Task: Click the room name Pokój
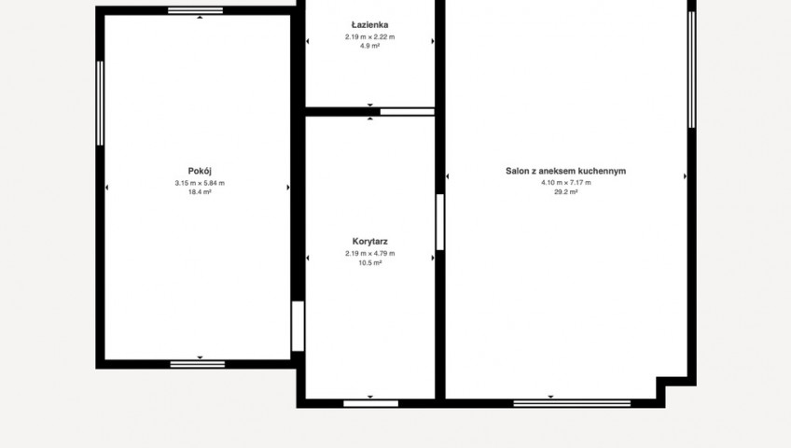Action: click(x=200, y=172)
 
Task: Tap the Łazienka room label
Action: click(x=369, y=24)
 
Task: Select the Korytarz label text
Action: click(x=369, y=242)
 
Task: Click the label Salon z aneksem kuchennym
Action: click(x=565, y=171)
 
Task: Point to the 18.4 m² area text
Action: click(x=200, y=191)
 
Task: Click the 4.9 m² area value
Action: click(x=369, y=46)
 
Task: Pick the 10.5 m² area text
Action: click(x=369, y=262)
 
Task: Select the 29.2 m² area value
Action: click(x=565, y=191)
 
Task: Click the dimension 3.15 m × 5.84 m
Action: click(x=200, y=183)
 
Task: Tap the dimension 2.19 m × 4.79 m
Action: click(x=369, y=253)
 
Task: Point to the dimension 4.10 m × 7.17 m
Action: click(x=565, y=183)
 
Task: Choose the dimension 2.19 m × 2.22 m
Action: click(x=369, y=36)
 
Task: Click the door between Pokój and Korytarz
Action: click(x=298, y=326)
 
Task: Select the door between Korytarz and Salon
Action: click(x=440, y=222)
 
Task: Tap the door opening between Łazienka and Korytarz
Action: click(x=407, y=111)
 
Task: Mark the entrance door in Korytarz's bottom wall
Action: click(x=371, y=403)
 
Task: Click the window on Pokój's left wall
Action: click(x=100, y=104)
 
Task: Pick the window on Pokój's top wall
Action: click(x=195, y=10)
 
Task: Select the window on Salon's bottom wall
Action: click(x=572, y=403)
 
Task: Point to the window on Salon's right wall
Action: click(x=691, y=70)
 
